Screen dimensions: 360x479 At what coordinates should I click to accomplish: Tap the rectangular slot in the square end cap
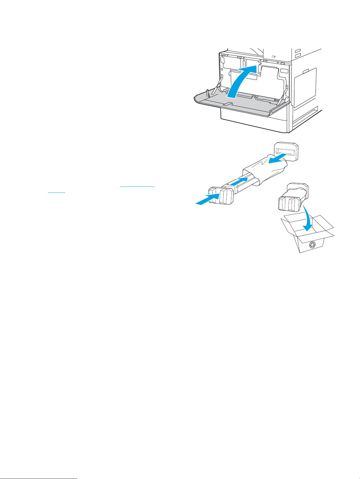coord(286,151)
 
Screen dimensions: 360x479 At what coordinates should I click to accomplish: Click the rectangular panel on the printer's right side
coord(305,88)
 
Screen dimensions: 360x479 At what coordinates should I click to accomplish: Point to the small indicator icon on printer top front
coord(274,56)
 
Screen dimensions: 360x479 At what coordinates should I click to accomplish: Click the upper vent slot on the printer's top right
coord(298,50)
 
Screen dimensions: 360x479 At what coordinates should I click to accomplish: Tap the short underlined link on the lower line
coord(57,192)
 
